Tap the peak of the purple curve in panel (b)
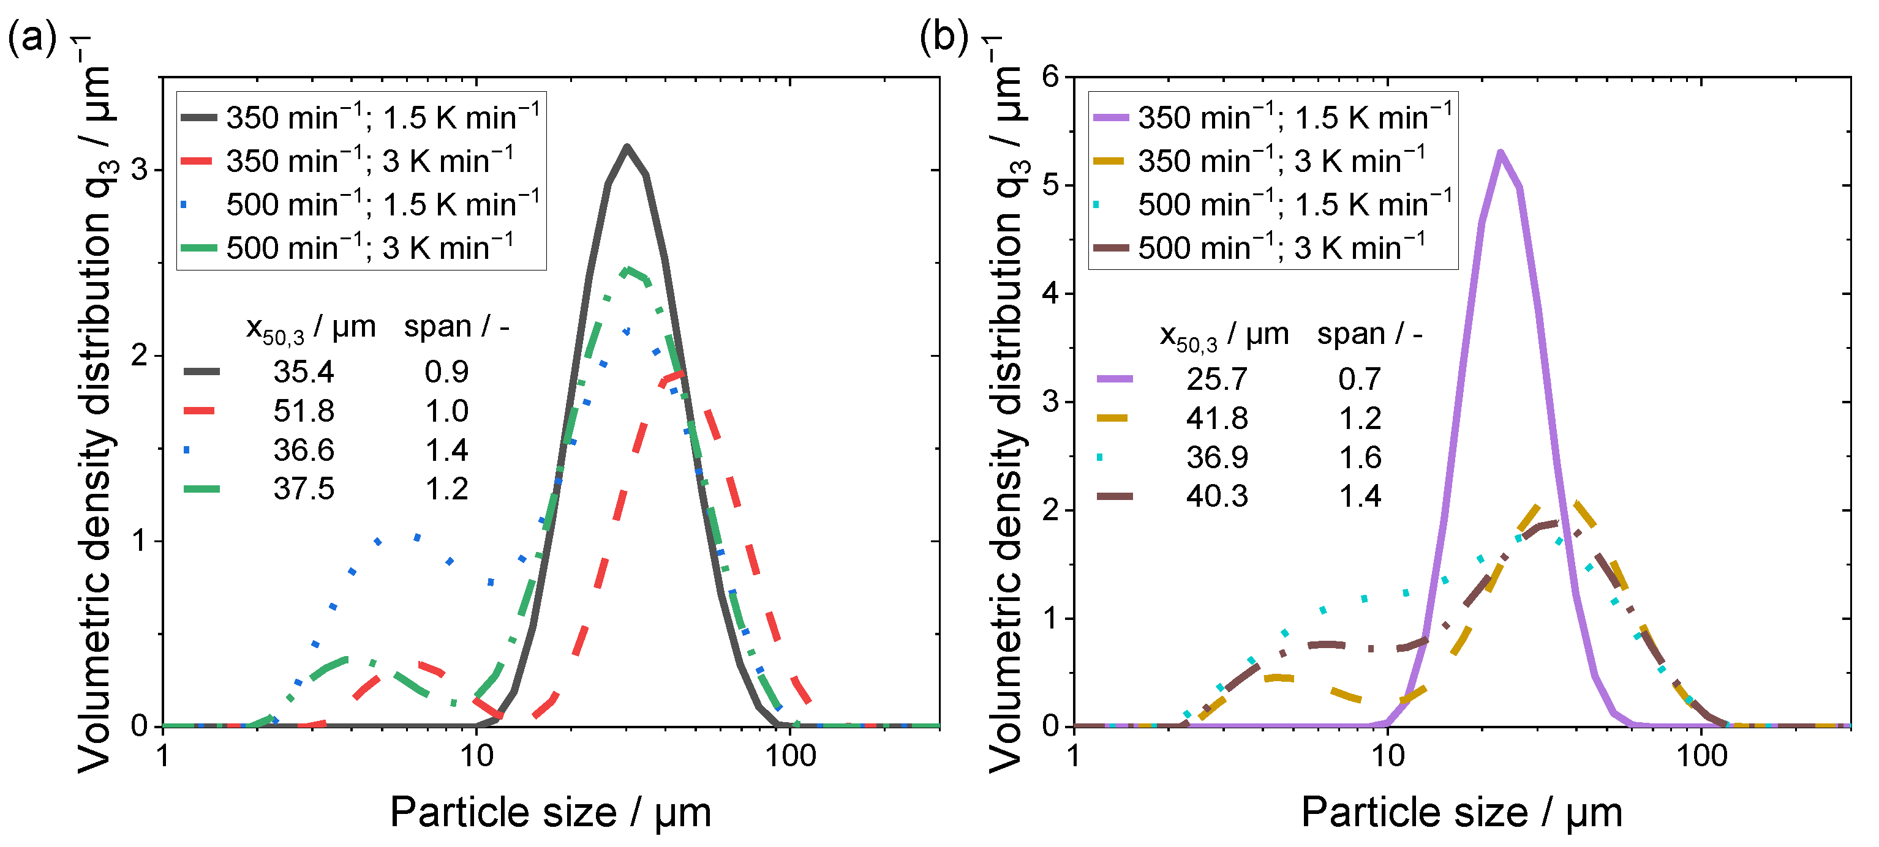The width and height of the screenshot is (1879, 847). point(1500,152)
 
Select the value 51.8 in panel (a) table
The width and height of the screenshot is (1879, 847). point(303,411)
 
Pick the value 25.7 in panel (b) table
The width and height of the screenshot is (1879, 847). point(1217,379)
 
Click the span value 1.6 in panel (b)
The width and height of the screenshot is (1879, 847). point(1360,458)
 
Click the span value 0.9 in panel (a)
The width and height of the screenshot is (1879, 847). point(446,371)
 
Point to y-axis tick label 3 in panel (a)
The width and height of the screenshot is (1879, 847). point(139,170)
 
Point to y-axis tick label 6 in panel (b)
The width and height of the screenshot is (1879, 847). point(1051,76)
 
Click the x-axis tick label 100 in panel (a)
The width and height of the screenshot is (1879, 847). point(791,756)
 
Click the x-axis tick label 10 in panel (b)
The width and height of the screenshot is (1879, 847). point(1387,756)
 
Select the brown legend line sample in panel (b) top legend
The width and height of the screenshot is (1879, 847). point(1111,248)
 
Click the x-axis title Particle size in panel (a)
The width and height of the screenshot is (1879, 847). point(503,812)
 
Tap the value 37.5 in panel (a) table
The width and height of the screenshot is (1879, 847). point(303,489)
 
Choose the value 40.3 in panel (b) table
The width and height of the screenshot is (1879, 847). point(1217,496)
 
